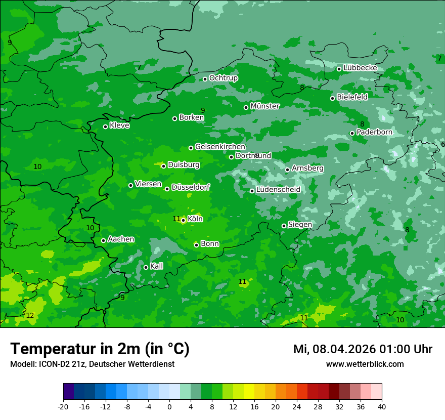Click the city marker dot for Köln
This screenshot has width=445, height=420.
coord(183,220)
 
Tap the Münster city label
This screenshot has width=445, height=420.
coord(265,106)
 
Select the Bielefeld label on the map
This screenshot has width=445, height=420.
coord(352,97)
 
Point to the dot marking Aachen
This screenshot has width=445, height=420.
coord(103,240)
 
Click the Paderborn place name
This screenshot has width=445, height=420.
coord(374,132)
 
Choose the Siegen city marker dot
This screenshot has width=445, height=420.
coord(284,226)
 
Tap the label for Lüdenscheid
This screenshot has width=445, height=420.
coord(278,190)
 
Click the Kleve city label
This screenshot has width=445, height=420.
coord(119,125)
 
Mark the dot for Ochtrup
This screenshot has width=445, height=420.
coord(205,79)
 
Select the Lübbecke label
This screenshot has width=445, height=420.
coord(360,68)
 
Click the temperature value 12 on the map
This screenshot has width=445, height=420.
coord(30,315)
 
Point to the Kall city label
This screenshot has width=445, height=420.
coord(157,266)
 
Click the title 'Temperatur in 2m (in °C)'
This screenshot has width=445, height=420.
coord(100,349)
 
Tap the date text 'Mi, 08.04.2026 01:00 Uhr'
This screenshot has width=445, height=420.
coord(363,349)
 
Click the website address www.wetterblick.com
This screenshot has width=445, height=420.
coord(365,364)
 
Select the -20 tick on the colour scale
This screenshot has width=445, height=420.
coord(63,406)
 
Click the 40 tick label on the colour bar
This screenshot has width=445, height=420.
coord(382,406)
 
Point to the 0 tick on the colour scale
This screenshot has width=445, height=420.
coord(169,406)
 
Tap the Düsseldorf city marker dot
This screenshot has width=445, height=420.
coord(167,189)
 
